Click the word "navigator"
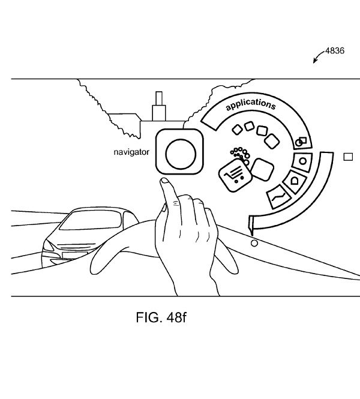coord(131,152)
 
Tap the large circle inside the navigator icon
coord(181,154)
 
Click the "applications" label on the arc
coord(251,104)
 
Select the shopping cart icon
coord(235,175)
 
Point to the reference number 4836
coord(335,51)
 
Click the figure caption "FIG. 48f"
coord(161,317)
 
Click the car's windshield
coord(91,220)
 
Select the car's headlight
coord(48,246)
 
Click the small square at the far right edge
coord(348,157)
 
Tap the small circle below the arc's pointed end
coord(254,244)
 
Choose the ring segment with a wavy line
coord(278,197)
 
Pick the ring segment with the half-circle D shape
coord(295,181)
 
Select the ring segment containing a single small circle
coord(302,162)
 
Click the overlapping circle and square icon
coord(301,142)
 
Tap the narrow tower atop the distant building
coord(159,98)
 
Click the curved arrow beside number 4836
coord(318,56)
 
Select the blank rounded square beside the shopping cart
coord(262,170)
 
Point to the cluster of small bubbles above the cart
coord(241,154)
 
